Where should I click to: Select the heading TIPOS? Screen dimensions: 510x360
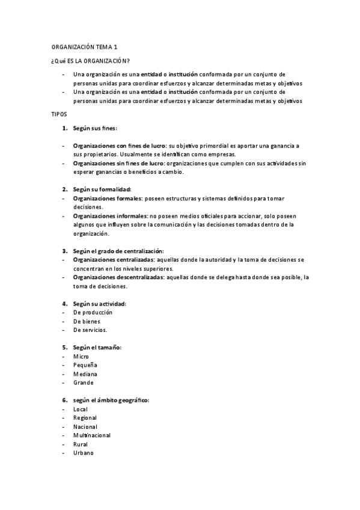[x=58, y=114]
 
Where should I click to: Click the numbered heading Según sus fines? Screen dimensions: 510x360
[x=95, y=129]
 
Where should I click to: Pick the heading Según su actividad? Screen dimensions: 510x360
[x=99, y=304]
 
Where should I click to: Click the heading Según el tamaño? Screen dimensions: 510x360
[x=97, y=347]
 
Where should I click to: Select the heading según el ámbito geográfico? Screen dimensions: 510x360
[x=111, y=400]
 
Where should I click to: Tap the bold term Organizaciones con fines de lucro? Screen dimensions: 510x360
[x=119, y=146]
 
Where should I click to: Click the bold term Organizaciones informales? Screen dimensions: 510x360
[x=110, y=216]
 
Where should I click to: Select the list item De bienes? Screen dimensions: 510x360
[x=87, y=322]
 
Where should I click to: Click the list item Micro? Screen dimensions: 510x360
[x=81, y=357]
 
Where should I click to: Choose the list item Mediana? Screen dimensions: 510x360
[x=85, y=374]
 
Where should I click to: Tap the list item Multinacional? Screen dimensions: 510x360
[x=91, y=435]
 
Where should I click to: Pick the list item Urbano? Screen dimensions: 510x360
[x=84, y=452]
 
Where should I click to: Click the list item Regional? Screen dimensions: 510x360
[x=85, y=417]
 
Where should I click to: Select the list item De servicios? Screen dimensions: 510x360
[x=90, y=330]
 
